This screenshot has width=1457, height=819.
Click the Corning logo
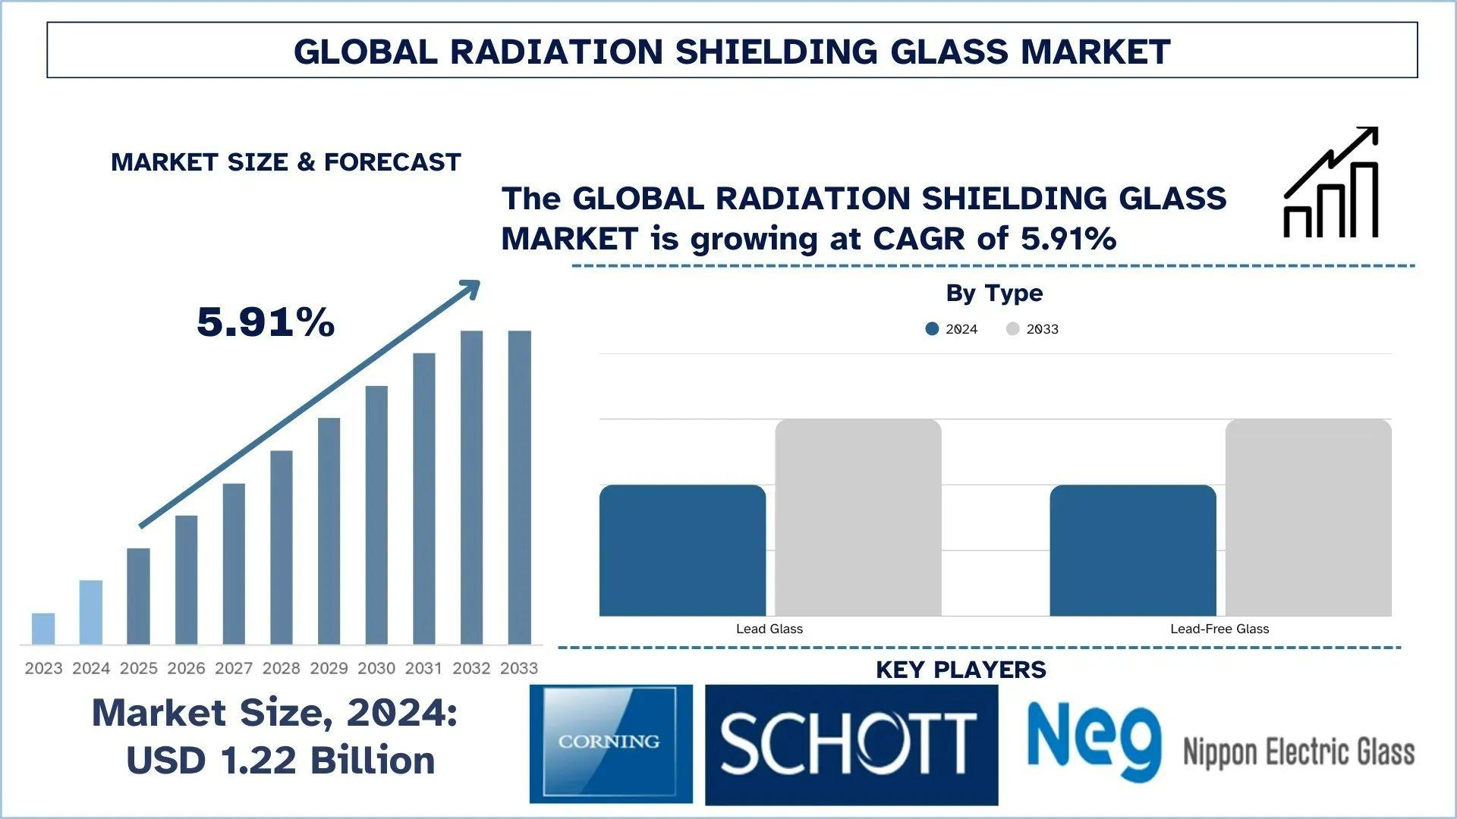pos(611,743)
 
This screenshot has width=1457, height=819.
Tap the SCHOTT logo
pos(851,744)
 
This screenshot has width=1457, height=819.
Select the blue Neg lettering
pos(1094,739)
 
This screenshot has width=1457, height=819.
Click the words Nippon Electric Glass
pos(1298,752)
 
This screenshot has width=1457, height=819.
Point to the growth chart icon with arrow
pos(1330,183)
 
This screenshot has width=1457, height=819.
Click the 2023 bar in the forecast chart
pos(43,628)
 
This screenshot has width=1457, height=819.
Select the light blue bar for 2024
pos(91,612)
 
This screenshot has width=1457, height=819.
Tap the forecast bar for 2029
pos(329,531)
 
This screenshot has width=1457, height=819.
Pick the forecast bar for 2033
pos(519,487)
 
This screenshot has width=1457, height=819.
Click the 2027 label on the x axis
pos(234,668)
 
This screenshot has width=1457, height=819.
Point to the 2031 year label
pos(423,668)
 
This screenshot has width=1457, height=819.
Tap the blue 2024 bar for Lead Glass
pos(682,550)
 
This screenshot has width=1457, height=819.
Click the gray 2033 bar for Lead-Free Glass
pos(1308,517)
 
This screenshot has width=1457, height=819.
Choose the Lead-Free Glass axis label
pos(1219,629)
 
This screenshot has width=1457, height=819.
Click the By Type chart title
pos(994,293)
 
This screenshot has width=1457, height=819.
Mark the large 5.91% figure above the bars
pos(266,322)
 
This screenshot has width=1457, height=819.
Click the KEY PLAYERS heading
pos(961,670)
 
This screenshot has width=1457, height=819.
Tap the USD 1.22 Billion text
pos(281,760)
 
